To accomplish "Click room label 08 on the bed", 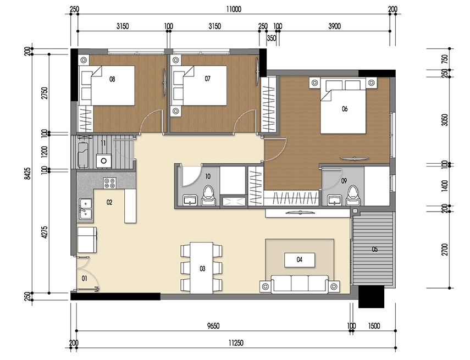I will [112, 79].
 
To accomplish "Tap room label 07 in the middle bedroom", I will [207, 79].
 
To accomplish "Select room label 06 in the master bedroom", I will [345, 109].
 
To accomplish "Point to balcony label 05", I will [374, 250].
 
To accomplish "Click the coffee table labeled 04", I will [300, 259].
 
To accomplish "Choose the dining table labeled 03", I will [202, 268].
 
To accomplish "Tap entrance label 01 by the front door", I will [85, 279].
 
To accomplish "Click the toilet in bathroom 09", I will [352, 196].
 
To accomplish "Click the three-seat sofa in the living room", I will [300, 284].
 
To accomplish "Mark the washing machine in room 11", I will [102, 160].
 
